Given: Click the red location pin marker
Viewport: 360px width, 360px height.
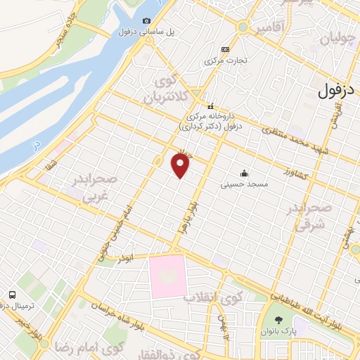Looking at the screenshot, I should click(181, 165).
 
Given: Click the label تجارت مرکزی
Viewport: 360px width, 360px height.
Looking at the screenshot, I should click(224, 61).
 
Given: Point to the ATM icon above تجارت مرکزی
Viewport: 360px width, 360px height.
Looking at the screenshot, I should click(225, 49).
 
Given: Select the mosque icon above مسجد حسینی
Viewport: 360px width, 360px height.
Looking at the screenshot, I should click(244, 173).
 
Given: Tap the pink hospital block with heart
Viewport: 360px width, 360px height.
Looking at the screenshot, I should click(167, 276).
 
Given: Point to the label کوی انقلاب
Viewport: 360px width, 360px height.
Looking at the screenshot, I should click(212, 296).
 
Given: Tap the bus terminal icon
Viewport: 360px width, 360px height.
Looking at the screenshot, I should click(13, 295).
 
